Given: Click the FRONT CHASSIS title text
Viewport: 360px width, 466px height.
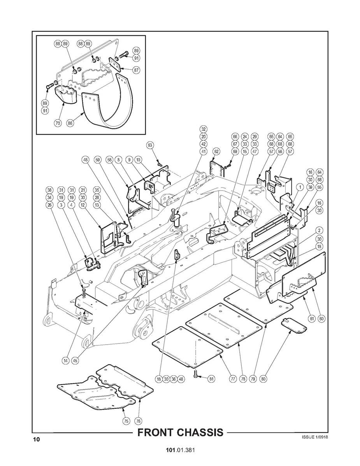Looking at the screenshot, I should (x=181, y=432).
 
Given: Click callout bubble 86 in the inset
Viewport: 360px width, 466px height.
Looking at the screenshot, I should (x=70, y=123).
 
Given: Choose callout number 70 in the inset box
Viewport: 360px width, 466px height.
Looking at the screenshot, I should (x=57, y=123).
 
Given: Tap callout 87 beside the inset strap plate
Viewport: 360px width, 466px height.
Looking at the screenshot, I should (x=137, y=70).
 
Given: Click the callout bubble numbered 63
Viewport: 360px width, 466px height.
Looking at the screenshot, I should (x=151, y=145).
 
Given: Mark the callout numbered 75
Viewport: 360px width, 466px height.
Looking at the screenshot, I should (x=126, y=420).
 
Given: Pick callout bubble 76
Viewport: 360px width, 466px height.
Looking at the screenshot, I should (x=139, y=420).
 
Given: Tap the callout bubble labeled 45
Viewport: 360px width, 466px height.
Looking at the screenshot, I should (x=75, y=360).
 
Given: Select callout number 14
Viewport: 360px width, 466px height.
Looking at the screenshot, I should (x=66, y=360).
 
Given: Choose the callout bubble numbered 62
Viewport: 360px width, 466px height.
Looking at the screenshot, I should (x=217, y=152).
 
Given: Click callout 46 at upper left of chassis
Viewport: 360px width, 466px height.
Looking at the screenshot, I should (x=86, y=159).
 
